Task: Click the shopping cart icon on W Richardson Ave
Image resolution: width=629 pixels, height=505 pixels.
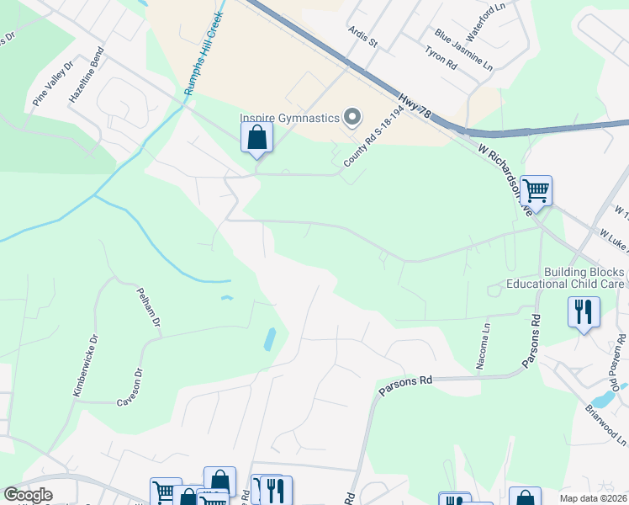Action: coord(536,191)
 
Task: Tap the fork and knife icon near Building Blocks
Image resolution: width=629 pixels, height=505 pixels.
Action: coord(584,313)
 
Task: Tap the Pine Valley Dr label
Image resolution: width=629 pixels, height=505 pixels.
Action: coord(53,82)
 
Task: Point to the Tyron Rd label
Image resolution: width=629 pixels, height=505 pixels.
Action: coord(441,59)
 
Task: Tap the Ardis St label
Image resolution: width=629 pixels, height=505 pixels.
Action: coord(364,36)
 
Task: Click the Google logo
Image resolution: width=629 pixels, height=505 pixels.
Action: coord(28,495)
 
